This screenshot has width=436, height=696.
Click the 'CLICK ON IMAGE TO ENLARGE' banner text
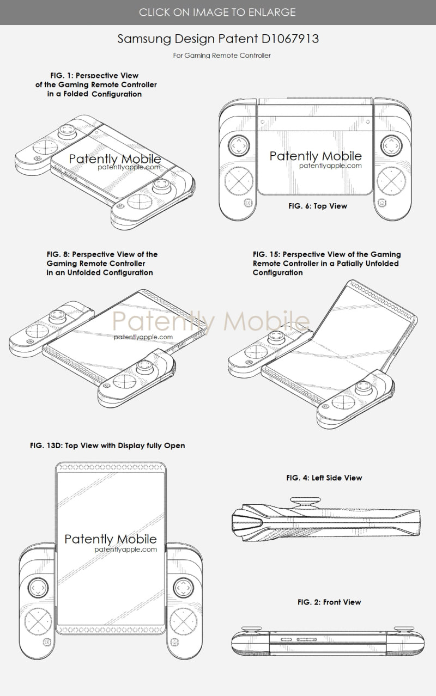click(217, 12)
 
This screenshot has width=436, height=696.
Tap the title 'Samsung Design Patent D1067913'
click(218, 39)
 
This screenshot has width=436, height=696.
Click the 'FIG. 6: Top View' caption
click(318, 206)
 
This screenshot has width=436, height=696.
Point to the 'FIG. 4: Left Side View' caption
click(324, 478)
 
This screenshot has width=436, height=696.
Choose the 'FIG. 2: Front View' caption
click(329, 602)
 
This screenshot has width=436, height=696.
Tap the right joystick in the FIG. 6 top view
click(391, 145)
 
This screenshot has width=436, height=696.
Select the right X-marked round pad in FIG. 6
click(391, 181)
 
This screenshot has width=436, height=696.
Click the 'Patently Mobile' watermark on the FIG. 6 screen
click(316, 156)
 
